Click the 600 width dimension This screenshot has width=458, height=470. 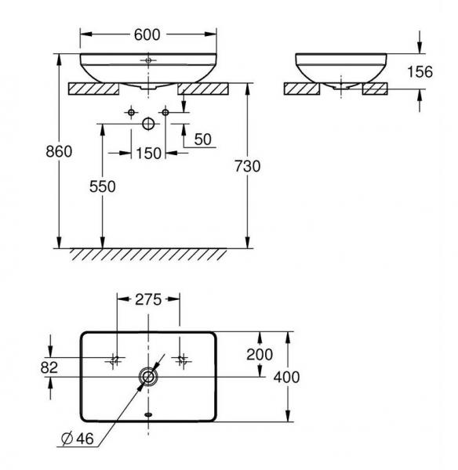click(x=147, y=34)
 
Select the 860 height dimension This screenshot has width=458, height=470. click(x=58, y=151)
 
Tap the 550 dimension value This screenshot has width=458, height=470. click(x=102, y=186)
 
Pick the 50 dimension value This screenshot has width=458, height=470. click(x=202, y=139)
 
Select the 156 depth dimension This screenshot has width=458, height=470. click(x=422, y=71)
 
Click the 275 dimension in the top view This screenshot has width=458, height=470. click(x=147, y=298)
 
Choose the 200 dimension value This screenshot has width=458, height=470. click(x=259, y=355)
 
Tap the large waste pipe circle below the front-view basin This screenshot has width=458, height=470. click(x=148, y=124)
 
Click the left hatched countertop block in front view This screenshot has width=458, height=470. click(x=93, y=88)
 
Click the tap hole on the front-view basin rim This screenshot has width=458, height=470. click(x=148, y=59)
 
